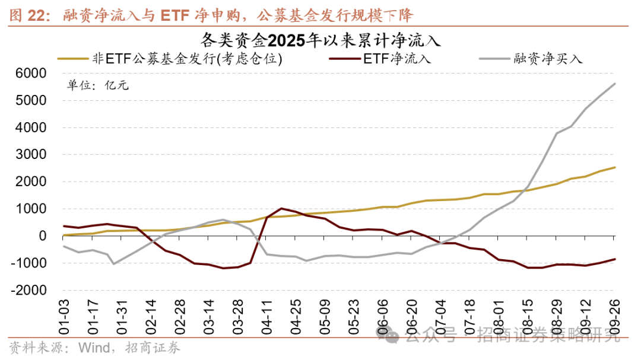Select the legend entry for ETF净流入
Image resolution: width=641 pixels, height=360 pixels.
click(396, 59)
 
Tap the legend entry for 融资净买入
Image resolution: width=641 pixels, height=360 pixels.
click(549, 59)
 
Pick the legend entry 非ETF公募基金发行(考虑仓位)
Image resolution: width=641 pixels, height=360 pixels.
click(186, 59)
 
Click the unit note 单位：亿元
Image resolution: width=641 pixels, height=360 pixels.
click(97, 84)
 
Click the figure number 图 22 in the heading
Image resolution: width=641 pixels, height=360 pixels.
click(27, 14)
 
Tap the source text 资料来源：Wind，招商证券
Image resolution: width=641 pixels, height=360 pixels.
click(95, 348)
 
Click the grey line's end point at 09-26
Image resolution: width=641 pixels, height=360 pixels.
click(615, 84)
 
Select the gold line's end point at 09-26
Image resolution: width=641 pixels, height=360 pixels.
click(615, 167)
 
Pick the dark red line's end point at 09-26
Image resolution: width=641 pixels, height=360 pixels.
click(615, 259)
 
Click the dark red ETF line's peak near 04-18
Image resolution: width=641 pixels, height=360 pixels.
click(281, 209)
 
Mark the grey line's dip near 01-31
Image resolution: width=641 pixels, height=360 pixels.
click(113, 263)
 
